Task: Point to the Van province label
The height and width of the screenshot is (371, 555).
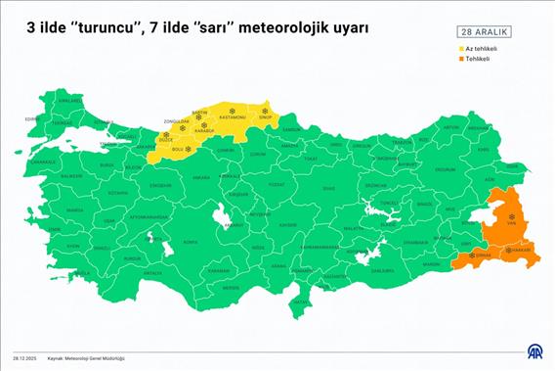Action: click(x=511, y=223)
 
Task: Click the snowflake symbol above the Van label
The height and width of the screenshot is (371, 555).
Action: click(x=511, y=214)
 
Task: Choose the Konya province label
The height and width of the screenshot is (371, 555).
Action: click(x=191, y=241)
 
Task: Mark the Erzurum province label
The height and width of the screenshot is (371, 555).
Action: click(x=445, y=168)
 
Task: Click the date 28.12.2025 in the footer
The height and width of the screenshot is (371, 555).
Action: click(x=24, y=358)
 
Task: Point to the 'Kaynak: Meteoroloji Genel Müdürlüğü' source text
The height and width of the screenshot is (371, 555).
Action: click(x=95, y=358)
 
